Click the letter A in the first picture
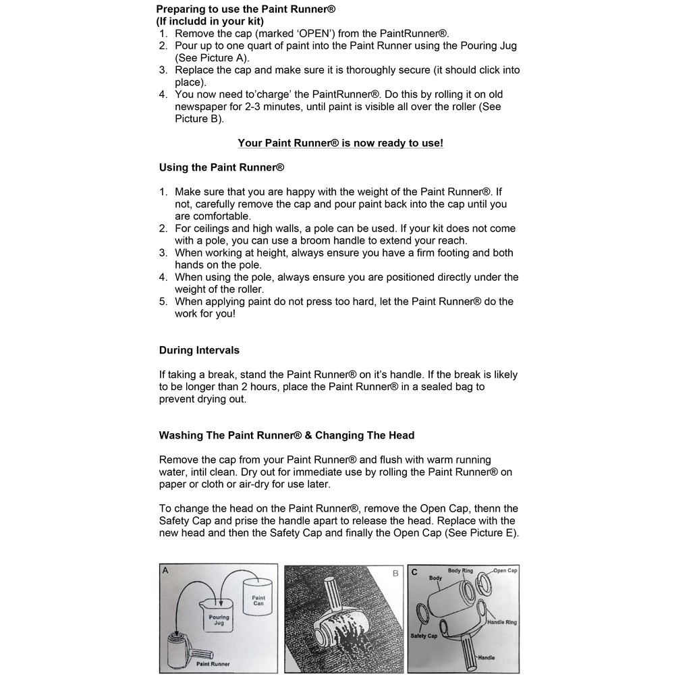tap(165, 570)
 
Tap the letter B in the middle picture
tap(395, 573)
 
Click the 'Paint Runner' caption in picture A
tap(213, 664)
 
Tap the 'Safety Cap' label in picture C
tap(424, 636)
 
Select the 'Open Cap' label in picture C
tap(505, 571)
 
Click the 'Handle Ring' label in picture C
tap(502, 622)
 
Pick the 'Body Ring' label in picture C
tap(461, 571)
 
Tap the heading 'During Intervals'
tap(199, 350)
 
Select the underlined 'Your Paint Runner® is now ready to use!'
tap(340, 143)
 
